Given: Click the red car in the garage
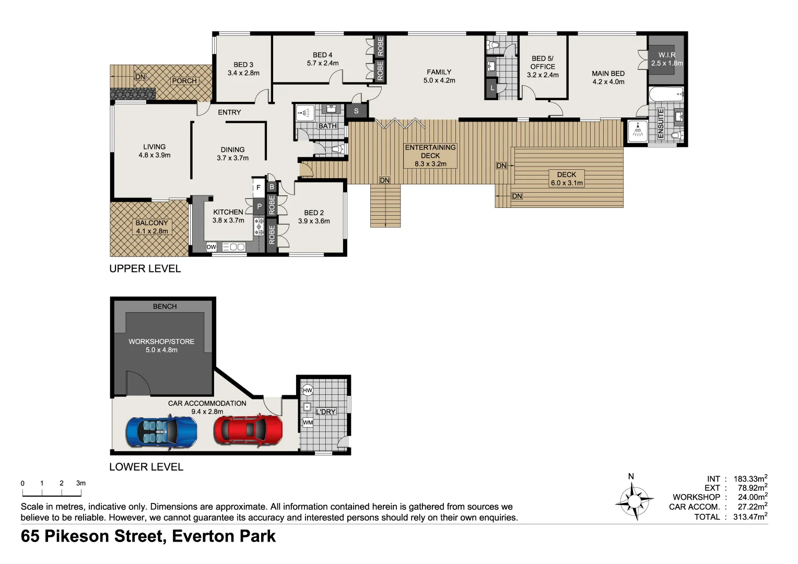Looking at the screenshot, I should point(248,430).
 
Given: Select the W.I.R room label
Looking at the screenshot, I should point(666,55).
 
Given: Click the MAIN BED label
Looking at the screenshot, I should point(608,74).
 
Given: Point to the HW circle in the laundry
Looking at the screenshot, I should point(308,390).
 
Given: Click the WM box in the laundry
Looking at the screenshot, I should point(308,422).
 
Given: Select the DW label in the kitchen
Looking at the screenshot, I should point(212,247).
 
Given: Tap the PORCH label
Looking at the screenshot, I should point(184,81).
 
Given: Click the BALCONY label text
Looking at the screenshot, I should point(151,223).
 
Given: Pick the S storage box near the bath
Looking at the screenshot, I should point(356,111).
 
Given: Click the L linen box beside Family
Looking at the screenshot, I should point(492,88).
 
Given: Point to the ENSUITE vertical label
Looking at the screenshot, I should point(661,123).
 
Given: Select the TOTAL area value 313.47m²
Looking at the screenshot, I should point(750,517).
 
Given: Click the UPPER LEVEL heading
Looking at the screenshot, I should point(145,268).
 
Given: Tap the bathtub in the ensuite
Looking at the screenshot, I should point(666,95).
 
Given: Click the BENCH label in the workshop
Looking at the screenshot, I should point(165,307).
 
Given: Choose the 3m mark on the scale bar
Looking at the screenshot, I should point(80,484).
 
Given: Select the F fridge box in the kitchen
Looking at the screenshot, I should point(258,187).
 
